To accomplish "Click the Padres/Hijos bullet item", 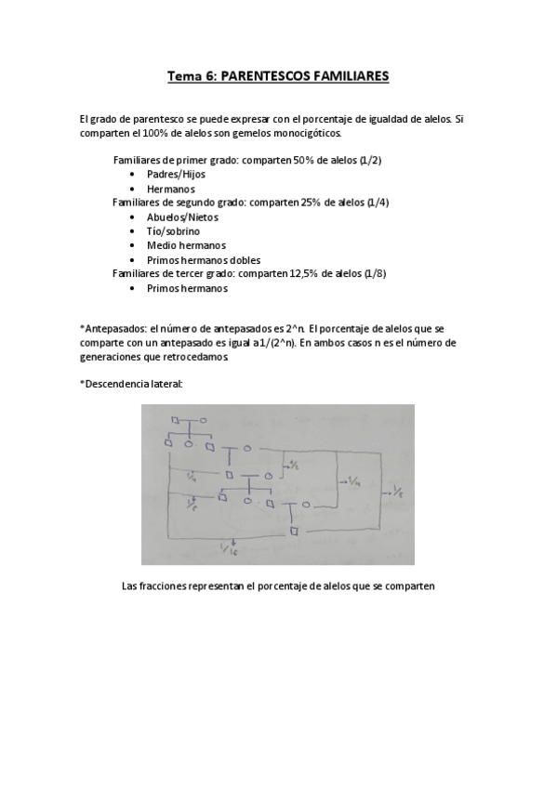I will [176, 174].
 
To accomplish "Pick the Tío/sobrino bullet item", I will [173, 230].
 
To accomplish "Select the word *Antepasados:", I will [113, 328].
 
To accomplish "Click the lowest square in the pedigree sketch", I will [294, 531].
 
